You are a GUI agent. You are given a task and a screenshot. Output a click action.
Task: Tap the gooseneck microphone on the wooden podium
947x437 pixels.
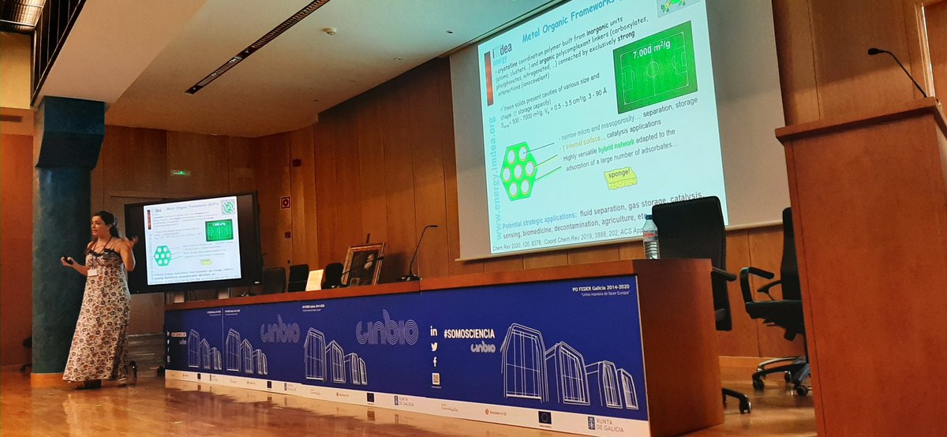tap(900, 70)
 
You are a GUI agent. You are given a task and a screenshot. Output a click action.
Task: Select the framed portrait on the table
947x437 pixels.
tap(363, 264)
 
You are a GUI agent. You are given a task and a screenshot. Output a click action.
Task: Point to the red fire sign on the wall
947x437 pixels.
tap(285, 202)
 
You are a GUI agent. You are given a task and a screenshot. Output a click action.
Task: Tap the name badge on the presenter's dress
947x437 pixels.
tap(93, 271)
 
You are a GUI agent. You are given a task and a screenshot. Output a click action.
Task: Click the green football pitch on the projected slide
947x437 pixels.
tap(654, 67)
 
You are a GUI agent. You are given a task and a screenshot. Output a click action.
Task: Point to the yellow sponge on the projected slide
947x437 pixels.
tap(620, 178)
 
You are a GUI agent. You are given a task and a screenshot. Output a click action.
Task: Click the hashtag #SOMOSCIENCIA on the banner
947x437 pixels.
tap(469, 334)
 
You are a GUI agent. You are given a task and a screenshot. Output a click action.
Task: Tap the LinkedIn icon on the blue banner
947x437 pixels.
tap(434, 332)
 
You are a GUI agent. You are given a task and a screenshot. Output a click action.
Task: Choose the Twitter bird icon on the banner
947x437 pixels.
tap(434, 347)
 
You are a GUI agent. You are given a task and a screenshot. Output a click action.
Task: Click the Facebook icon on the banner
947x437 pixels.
tap(435, 362)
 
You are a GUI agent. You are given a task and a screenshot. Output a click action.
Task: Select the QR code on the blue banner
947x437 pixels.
tap(436, 379)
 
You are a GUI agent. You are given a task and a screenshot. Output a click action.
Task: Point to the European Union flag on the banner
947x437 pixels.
tap(544, 416)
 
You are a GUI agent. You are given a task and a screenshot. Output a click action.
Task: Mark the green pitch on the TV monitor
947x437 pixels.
tap(219, 230)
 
